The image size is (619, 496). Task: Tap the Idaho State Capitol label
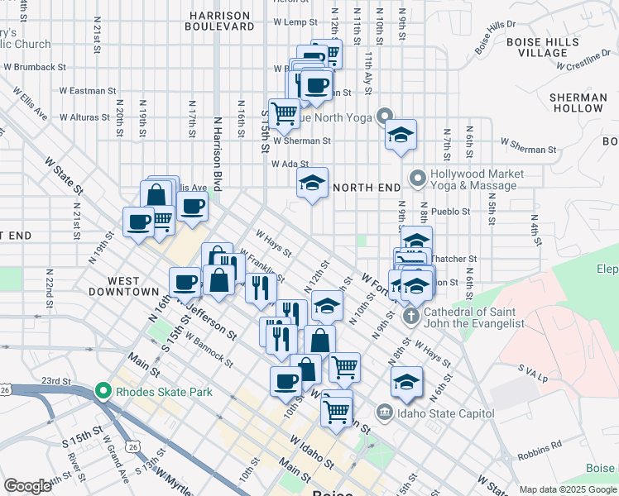445,413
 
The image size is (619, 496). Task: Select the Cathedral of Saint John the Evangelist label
474,318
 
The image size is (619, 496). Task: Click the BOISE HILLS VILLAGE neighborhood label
542,46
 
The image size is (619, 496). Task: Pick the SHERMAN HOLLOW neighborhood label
577,103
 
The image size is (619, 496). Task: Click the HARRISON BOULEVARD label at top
221,21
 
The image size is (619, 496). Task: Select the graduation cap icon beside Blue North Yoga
401,136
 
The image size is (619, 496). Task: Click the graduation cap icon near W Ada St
313,184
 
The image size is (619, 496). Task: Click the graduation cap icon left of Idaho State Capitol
406,382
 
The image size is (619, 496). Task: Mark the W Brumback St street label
34,66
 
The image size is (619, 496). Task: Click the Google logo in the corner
28,486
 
